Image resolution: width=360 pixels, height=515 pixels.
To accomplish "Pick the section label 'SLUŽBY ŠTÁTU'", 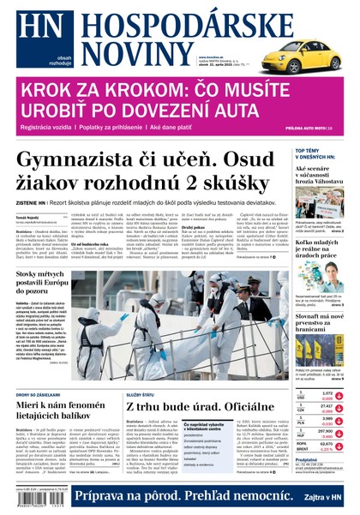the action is tap(139, 370).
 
